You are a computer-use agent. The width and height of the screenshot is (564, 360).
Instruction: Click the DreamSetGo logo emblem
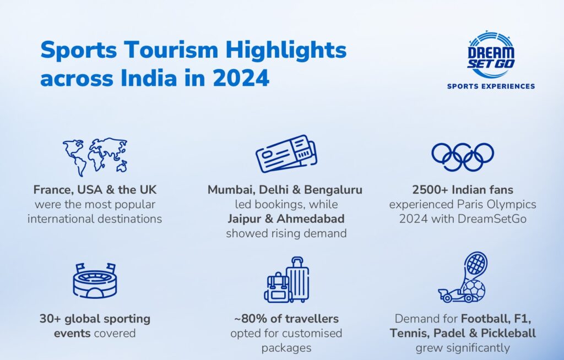(x=491, y=55)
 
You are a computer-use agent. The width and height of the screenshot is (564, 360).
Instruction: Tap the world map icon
(x=95, y=156)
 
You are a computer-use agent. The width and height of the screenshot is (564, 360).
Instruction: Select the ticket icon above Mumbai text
(x=286, y=154)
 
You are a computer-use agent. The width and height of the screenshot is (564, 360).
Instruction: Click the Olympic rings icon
(x=463, y=157)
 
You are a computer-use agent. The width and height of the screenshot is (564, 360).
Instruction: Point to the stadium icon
(x=95, y=281)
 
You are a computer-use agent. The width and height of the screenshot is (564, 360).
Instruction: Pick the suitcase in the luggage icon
(x=298, y=280)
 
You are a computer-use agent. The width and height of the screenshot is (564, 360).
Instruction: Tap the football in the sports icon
(x=474, y=290)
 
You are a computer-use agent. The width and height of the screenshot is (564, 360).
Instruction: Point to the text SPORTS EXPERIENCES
(x=491, y=86)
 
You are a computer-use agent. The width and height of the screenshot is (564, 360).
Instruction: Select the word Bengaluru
(x=333, y=189)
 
